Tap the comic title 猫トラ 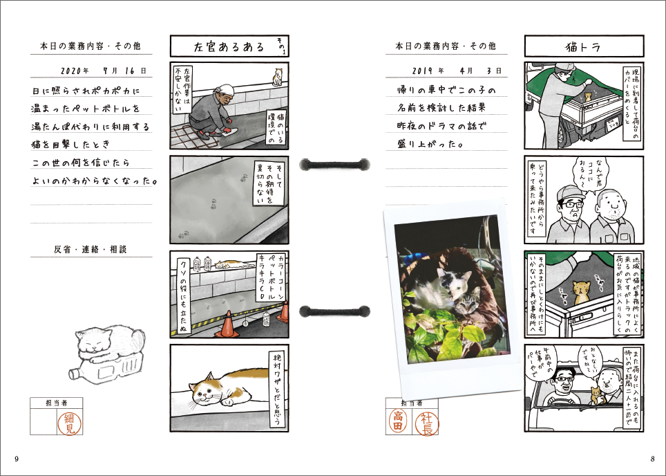pyautogui.click(x=581, y=47)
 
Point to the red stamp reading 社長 pyautogui.click(x=426, y=421)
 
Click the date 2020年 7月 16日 pyautogui.click(x=103, y=71)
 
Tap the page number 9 pyautogui.click(x=16, y=459)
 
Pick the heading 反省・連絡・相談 pyautogui.click(x=91, y=249)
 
